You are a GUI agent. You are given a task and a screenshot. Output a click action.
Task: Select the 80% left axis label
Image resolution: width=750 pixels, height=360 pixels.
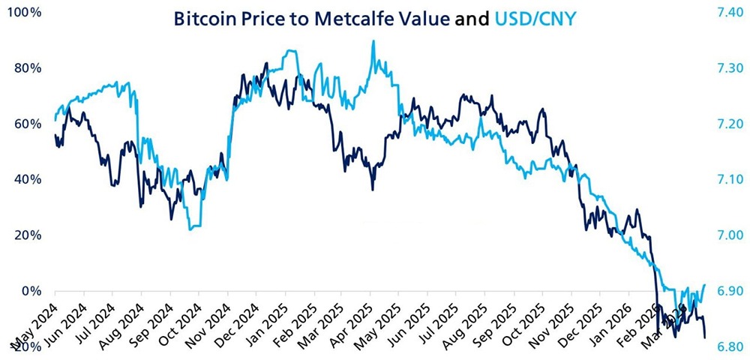pos(29,68)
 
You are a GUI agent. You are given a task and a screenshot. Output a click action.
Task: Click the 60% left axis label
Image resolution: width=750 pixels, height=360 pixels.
pos(29,124)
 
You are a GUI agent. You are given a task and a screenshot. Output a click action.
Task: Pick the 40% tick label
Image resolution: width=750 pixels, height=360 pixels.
pos(29,179)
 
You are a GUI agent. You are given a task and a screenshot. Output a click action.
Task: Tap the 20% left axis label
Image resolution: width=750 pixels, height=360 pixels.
pos(29,235)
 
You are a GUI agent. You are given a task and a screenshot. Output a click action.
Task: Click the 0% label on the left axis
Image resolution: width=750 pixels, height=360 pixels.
pos(33,290)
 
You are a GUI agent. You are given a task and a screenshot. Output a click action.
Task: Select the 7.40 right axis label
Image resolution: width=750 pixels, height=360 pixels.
pos(724,13)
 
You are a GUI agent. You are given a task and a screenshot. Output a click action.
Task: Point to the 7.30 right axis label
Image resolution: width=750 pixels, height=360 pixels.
pos(724,68)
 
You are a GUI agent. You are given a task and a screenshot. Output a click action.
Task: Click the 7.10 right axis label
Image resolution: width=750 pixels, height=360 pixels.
pos(724,179)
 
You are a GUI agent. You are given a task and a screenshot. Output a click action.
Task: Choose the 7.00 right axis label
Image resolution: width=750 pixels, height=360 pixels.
pos(724,235)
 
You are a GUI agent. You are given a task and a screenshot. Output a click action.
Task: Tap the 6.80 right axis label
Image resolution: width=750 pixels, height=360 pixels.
pos(724,346)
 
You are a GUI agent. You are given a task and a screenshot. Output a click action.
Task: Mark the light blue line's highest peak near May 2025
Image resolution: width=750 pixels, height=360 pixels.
pos(373,41)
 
